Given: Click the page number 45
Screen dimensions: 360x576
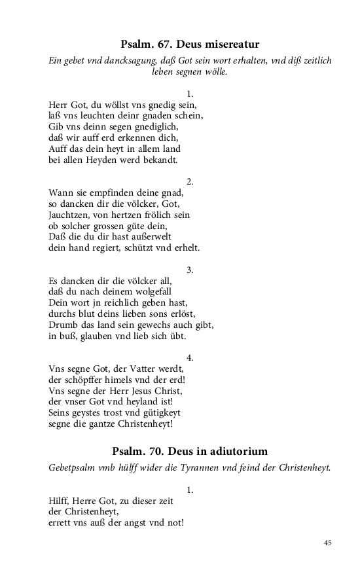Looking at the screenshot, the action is tap(328, 543).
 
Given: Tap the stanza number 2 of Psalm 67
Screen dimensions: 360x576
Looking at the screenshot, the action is tap(190, 181).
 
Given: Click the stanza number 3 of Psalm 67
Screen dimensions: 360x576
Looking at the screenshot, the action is tap(190, 270).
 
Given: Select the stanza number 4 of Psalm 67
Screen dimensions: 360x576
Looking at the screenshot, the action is tap(190, 358).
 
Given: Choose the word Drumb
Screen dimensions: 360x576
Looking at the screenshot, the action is tap(63, 325).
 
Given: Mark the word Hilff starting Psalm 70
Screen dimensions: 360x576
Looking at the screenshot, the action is tap(60, 501).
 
